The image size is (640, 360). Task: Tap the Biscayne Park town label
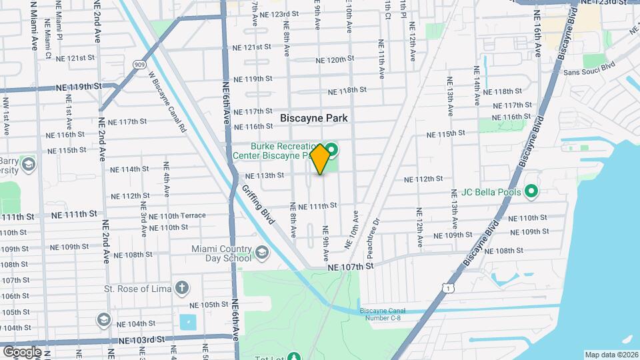pos(314,117)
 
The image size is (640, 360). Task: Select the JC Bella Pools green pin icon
pos(531,192)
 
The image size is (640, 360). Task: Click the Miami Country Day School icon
pos(262,251)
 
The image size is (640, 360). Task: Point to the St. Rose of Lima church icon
pos(181,289)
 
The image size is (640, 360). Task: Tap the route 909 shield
pos(139,65)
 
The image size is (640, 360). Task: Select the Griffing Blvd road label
pos(263,220)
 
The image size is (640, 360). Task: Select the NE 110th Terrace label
pos(177,216)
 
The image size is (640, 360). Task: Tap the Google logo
pos(22,352)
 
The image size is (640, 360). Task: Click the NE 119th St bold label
pos(79,87)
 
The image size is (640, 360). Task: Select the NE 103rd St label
pos(141,339)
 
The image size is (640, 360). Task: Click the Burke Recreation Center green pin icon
pos(331,147)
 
